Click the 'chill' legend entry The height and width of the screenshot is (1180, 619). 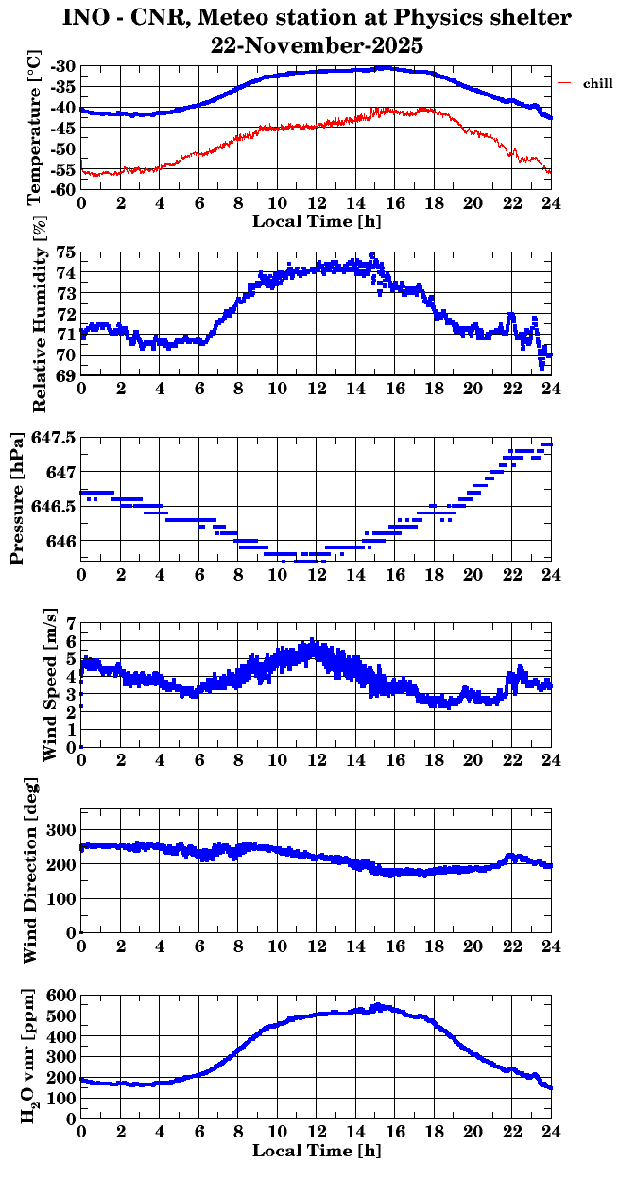tap(597, 84)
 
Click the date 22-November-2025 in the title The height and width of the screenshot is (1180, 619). tap(318, 44)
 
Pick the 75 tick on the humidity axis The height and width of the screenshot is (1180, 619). tap(65, 252)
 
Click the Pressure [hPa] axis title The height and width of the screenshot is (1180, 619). tap(17, 497)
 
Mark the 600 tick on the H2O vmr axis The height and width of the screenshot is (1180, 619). tap(61, 996)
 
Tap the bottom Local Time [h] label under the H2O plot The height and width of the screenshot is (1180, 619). tap(317, 1152)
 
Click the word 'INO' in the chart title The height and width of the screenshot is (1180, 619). tap(88, 17)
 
